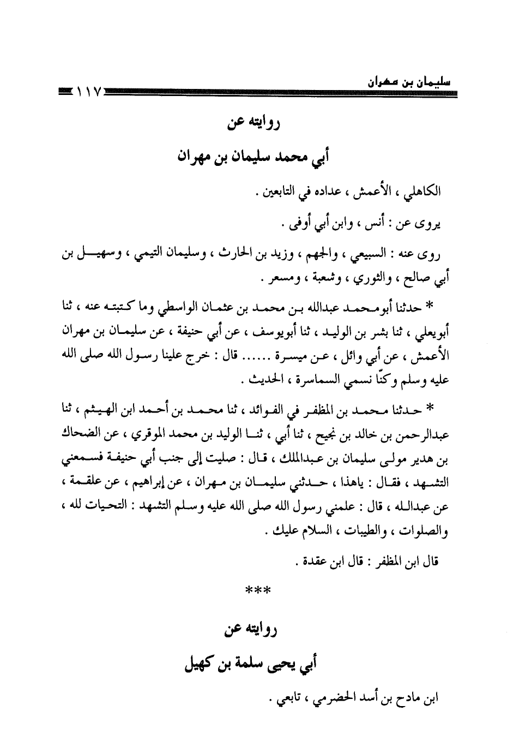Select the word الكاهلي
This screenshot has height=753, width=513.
coord(425,192)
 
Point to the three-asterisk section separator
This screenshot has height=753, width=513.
coord(256,590)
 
